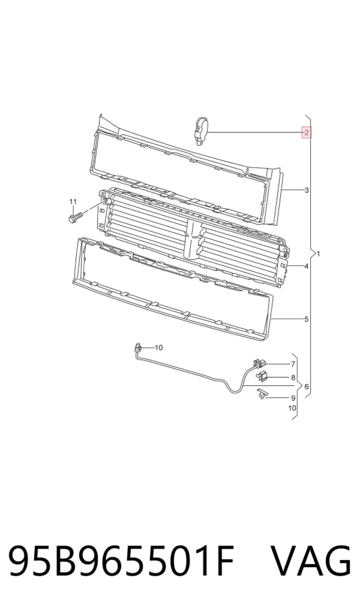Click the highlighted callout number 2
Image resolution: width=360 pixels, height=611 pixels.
(306, 133)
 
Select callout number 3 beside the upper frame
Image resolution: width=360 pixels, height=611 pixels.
(307, 190)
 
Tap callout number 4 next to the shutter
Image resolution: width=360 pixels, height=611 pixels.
(307, 266)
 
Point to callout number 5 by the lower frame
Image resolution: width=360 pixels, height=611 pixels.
(307, 319)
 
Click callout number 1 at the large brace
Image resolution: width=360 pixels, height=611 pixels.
(319, 254)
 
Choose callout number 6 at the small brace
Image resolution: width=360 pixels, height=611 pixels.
(306, 387)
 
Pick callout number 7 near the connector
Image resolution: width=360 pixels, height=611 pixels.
(293, 364)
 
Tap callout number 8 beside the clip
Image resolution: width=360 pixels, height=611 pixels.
(293, 377)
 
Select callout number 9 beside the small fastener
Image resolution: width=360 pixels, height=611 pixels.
(293, 398)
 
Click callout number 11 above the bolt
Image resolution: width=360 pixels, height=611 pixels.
(73, 202)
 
